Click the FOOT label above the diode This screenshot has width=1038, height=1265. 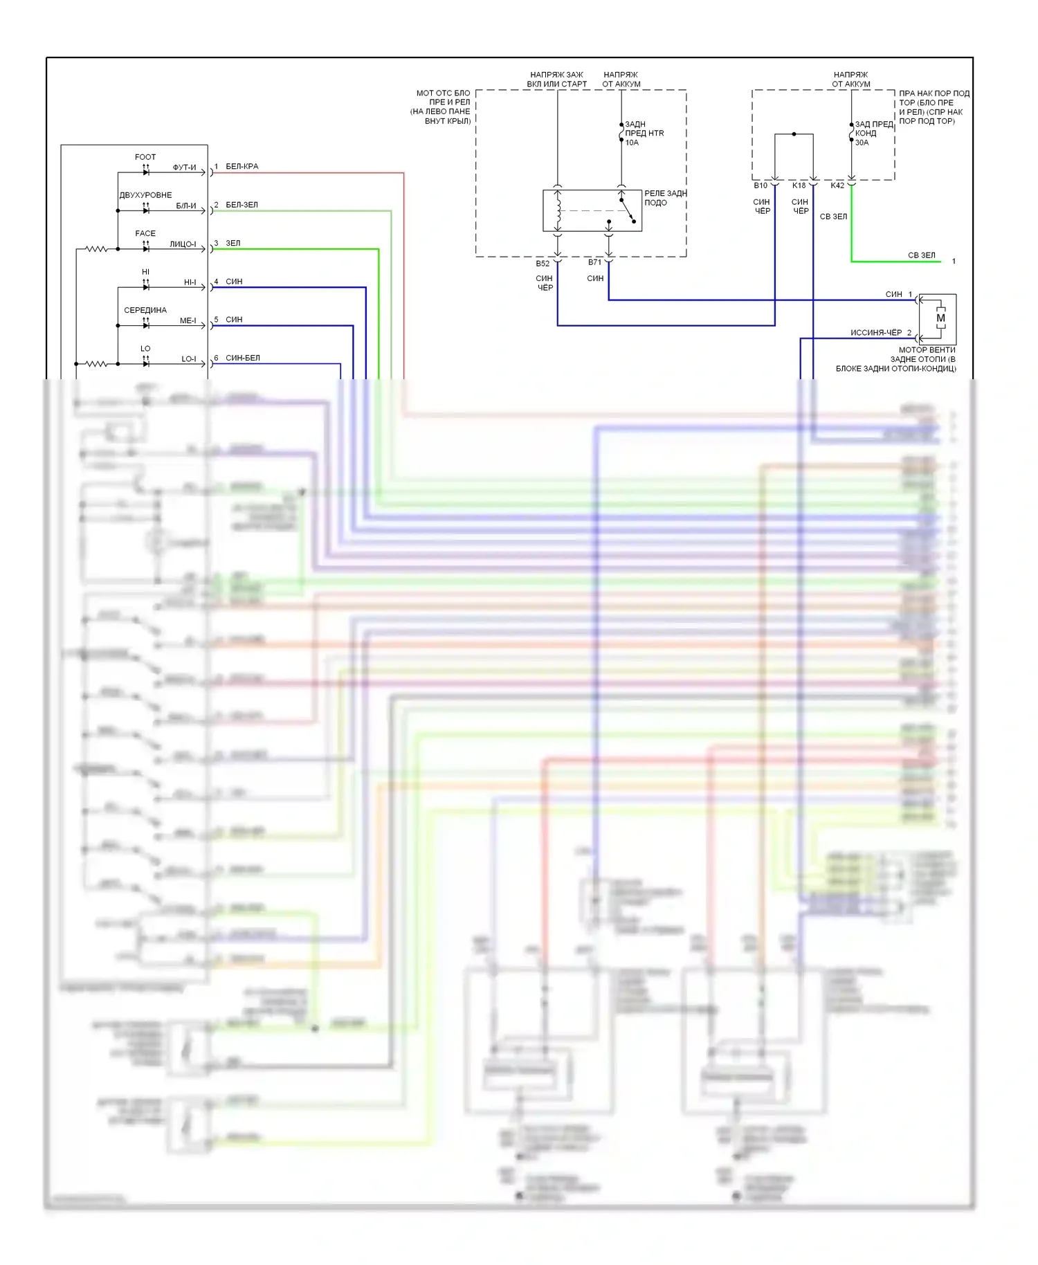click(x=145, y=157)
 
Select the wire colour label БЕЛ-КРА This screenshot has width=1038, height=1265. click(x=242, y=167)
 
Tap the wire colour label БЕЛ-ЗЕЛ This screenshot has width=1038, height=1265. click(x=242, y=205)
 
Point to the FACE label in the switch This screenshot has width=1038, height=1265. click(x=145, y=233)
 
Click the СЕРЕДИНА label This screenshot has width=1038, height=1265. click(x=145, y=310)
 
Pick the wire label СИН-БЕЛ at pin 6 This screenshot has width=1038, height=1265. click(x=243, y=358)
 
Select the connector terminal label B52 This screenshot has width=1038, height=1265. click(x=543, y=264)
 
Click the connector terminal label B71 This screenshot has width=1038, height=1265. click(x=595, y=262)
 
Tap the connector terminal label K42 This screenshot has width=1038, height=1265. click(x=837, y=185)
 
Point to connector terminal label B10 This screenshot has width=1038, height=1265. click(x=761, y=185)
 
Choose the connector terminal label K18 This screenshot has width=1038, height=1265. click(x=799, y=185)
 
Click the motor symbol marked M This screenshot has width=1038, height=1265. click(x=940, y=318)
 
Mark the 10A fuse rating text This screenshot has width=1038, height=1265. click(x=632, y=143)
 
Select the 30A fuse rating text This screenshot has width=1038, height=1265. click(x=862, y=143)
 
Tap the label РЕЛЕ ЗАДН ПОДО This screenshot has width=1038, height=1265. click(x=665, y=198)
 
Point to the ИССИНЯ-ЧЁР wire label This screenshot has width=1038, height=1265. click(x=876, y=333)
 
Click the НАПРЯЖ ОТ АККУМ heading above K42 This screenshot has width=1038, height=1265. click(x=851, y=80)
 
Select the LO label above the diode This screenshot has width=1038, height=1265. click(x=145, y=349)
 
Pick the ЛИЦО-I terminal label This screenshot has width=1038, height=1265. click(x=183, y=244)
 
